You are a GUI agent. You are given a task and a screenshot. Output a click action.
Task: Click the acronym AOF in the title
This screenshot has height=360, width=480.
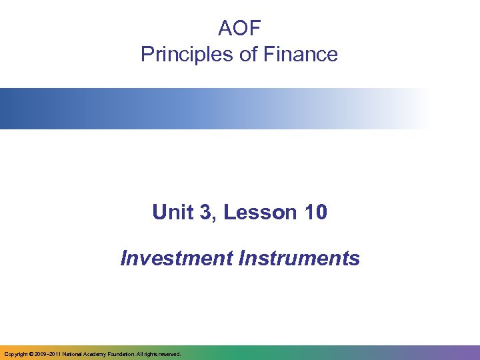coord(239,28)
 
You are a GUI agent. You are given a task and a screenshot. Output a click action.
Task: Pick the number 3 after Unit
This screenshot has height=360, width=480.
coord(204,213)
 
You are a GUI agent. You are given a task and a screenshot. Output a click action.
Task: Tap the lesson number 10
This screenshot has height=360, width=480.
coord(315,213)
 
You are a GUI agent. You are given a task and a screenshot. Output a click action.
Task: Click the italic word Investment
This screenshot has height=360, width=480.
coord(176,258)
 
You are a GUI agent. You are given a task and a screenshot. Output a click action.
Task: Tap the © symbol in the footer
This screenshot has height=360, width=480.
coord(30,354)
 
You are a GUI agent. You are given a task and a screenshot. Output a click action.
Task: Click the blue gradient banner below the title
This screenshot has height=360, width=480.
coord(200,109)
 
